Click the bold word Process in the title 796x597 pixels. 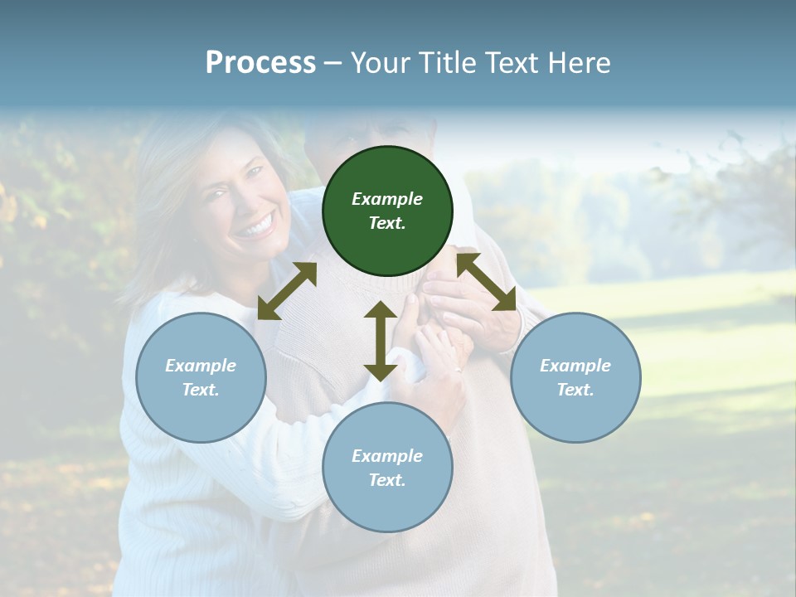tap(260, 63)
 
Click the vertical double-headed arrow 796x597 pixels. tap(380, 341)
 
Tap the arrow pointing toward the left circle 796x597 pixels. tap(287, 291)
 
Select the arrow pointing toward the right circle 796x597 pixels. tap(487, 282)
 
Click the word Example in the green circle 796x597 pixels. tap(387, 199)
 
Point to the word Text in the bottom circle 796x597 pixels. tap(386, 480)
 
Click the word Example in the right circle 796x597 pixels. tap(575, 366)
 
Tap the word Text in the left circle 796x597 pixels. tap(200, 390)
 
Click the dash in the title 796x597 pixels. tap(333, 64)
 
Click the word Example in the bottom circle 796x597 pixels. tap(387, 456)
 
